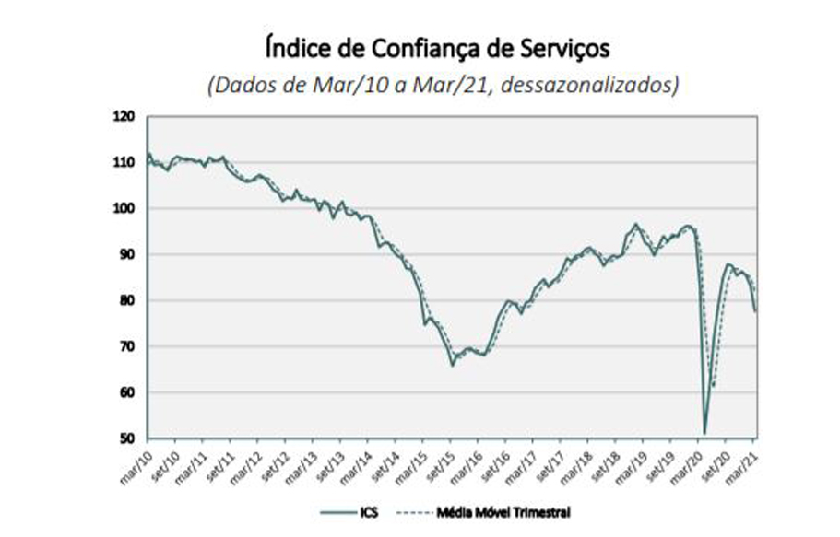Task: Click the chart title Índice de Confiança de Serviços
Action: coord(437,47)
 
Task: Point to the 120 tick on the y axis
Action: coord(124,117)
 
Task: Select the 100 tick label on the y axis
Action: coord(124,209)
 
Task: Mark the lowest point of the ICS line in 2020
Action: coord(704,433)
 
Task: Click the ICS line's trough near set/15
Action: coord(453,366)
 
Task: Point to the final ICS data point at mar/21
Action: coord(756,311)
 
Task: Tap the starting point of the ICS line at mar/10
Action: coord(148,155)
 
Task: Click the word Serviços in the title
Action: coord(565,47)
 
